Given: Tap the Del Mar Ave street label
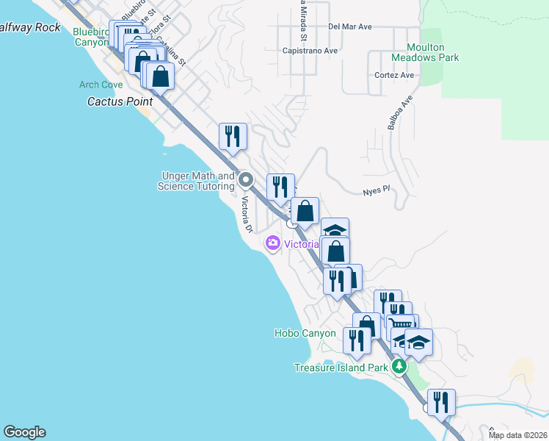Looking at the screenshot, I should pos(350,26).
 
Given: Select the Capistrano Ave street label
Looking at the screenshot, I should pos(310,51).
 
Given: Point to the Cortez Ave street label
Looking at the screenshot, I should pos(394,75).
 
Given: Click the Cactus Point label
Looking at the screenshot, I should pos(120,101).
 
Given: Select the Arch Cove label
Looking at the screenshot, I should pos(101,85).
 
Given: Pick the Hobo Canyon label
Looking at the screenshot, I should pos(305,333).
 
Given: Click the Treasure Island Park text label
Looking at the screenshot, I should pos(341,367).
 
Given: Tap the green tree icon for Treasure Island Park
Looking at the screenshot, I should pos(399,366).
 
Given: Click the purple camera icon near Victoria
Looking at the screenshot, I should pos(273,243).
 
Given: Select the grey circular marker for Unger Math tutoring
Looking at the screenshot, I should pos(245,179).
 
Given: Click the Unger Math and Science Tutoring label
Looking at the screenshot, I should pos(196,181).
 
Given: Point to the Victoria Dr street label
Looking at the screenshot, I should pos(247,217).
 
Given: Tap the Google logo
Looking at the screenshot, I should pos(24,432).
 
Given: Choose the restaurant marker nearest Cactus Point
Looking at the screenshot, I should pos(233,136).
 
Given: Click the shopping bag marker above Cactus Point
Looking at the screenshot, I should pos(159,75).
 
